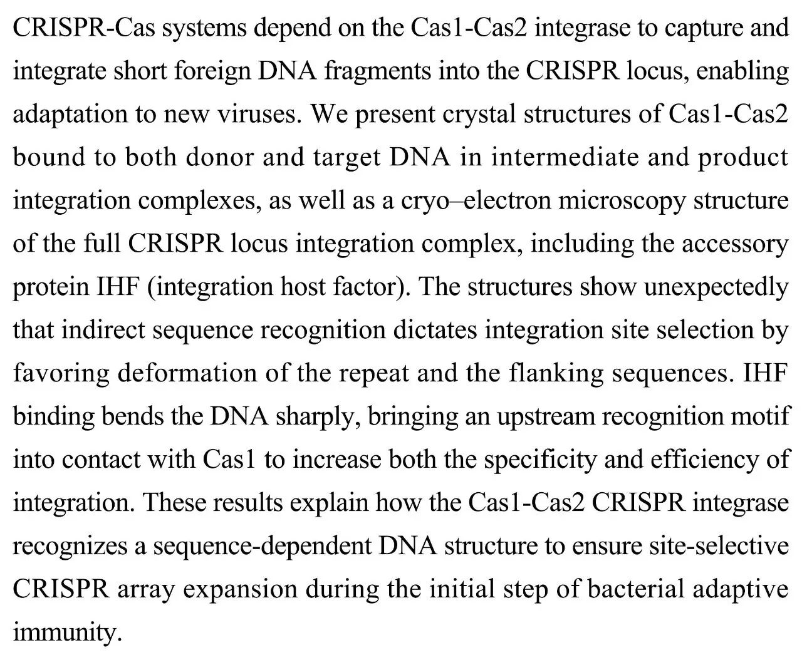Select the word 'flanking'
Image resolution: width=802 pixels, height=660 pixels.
554,373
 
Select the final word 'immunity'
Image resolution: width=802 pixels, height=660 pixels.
66,632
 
